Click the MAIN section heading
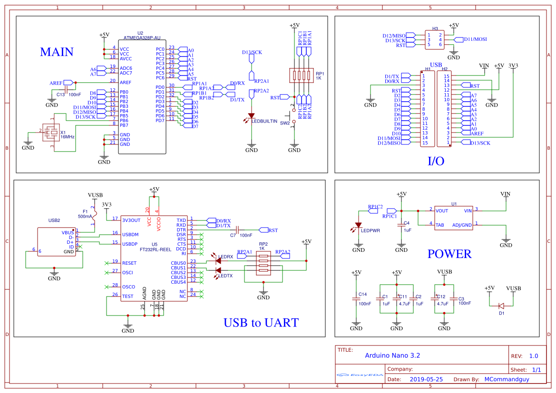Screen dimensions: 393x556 (x=57, y=52)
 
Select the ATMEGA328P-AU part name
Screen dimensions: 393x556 (x=142, y=38)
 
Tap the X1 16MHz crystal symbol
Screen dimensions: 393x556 (x=49, y=132)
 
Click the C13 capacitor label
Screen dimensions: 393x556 (x=60, y=95)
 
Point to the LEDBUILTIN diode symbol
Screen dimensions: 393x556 (x=251, y=115)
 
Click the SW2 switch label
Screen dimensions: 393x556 (x=284, y=123)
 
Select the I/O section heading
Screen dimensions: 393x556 (x=436, y=161)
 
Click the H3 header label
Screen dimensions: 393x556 (x=435, y=29)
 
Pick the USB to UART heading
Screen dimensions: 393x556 (x=261, y=323)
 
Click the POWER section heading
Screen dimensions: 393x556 (x=449, y=254)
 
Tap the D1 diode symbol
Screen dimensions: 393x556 (x=501, y=306)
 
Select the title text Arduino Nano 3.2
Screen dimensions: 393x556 (x=392, y=355)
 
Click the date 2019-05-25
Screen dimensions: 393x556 (x=426, y=379)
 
